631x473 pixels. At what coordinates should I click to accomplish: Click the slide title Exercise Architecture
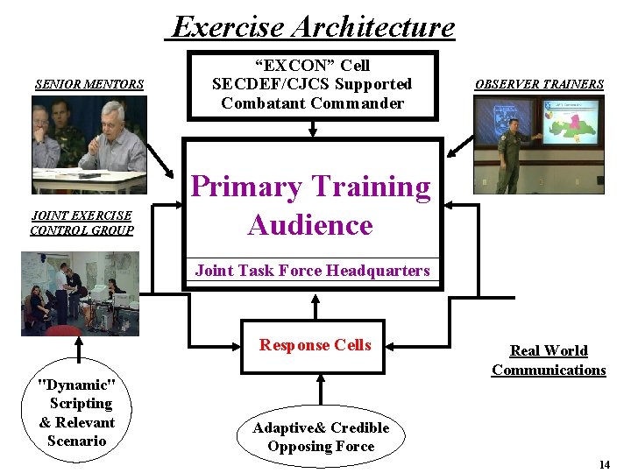tap(314, 26)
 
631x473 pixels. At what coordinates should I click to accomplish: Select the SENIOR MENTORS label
tap(89, 85)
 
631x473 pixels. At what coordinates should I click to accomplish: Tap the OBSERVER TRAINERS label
tap(539, 85)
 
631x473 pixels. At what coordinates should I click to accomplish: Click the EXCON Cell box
tap(312, 85)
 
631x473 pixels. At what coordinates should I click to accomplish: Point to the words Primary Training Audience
tap(311, 206)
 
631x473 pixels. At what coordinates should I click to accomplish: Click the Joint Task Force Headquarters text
tap(312, 271)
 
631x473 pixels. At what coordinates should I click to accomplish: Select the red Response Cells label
tap(315, 345)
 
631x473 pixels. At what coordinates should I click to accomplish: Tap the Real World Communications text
tap(549, 360)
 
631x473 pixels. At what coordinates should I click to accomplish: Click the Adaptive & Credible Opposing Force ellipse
tap(321, 437)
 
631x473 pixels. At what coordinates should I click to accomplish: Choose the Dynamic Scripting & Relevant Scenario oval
tap(77, 413)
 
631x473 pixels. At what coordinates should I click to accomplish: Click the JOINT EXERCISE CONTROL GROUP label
tap(82, 223)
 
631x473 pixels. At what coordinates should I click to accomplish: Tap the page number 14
tap(604, 464)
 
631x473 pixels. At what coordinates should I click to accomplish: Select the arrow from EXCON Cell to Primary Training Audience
tap(312, 130)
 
